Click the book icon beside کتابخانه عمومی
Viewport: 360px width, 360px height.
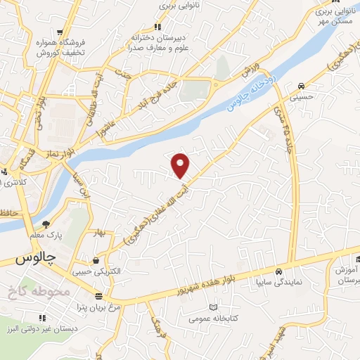(x=214, y=307)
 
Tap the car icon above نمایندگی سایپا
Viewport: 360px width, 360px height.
(x=280, y=271)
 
